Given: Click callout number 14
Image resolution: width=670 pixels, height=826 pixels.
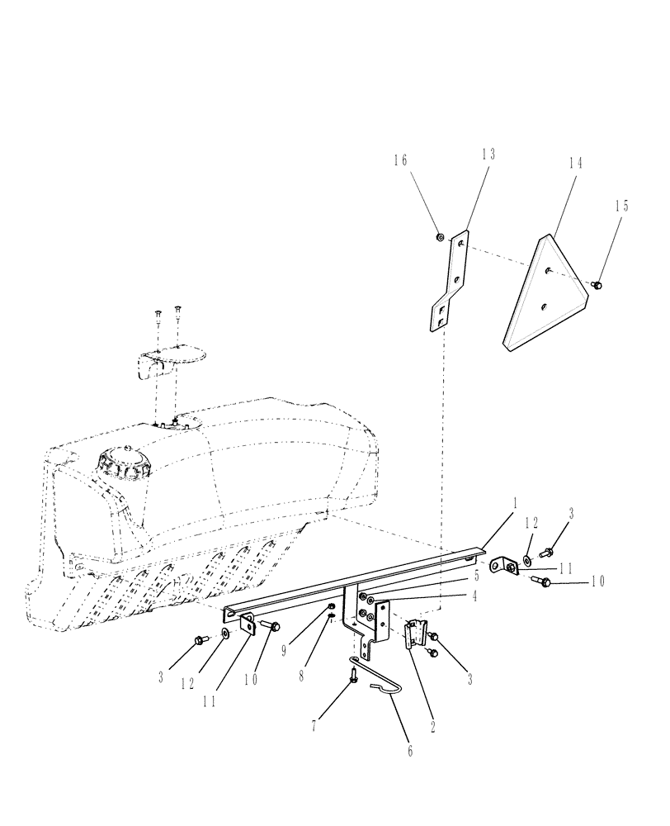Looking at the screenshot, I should click(574, 164).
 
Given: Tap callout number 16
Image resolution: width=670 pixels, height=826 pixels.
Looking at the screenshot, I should click(400, 161).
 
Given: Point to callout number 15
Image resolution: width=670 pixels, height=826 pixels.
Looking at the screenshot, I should click(622, 206).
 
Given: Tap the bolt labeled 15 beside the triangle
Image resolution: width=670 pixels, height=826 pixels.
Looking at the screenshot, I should click(598, 285).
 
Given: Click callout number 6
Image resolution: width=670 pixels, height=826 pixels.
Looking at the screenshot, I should click(409, 751).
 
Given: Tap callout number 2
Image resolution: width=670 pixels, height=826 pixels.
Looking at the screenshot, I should click(432, 729).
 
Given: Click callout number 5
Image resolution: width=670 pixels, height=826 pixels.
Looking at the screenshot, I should click(476, 575).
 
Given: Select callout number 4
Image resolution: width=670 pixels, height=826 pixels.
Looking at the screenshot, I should click(476, 595).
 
